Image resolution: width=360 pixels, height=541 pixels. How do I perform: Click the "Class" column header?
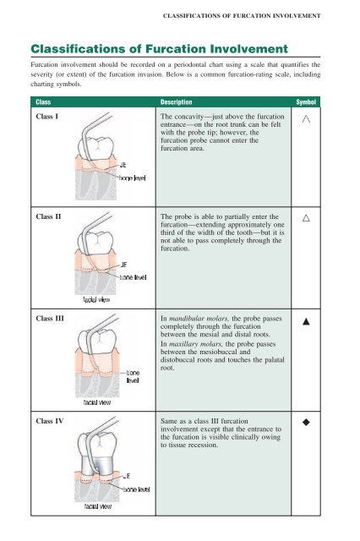(43, 102)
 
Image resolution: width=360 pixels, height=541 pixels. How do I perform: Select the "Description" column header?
(177, 102)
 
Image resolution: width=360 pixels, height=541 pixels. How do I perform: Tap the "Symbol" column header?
(306, 102)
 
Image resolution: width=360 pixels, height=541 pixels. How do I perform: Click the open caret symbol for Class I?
(306, 119)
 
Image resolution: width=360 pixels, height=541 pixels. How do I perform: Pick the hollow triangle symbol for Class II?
(306, 218)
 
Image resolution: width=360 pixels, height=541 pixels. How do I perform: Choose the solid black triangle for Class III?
(306, 321)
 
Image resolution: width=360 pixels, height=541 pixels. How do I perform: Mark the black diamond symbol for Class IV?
(306, 422)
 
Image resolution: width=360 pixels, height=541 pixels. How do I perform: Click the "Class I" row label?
(47, 117)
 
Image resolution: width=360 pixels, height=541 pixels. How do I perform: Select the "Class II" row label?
(48, 216)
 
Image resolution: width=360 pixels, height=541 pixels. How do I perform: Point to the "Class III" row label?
(50, 319)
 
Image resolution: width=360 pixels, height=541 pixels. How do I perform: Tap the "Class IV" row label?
(50, 421)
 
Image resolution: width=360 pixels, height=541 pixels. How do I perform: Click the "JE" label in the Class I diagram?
(123, 165)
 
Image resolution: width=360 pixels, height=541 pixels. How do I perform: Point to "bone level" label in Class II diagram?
(134, 277)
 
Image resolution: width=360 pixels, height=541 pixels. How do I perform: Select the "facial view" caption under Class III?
(97, 402)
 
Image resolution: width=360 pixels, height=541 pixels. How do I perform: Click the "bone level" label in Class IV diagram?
(137, 489)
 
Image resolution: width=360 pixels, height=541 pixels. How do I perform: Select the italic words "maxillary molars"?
(196, 344)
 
